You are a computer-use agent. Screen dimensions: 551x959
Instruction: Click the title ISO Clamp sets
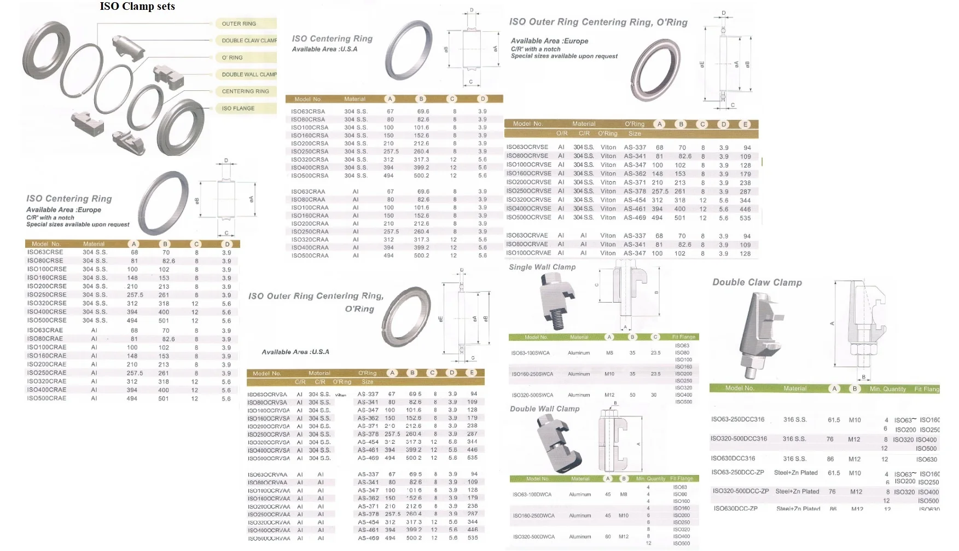coord(137,7)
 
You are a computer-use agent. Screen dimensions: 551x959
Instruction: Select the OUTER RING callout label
coord(239,24)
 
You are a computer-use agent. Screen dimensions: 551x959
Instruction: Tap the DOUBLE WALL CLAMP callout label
coord(249,74)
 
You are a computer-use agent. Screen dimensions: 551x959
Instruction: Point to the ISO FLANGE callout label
coord(238,108)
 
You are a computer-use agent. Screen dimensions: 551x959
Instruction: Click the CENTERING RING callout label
coord(245,91)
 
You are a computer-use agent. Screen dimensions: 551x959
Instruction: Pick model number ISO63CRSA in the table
coord(308,111)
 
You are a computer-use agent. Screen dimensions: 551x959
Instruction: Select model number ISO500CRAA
coord(310,256)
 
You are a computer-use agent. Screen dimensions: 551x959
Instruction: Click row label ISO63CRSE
coord(45,252)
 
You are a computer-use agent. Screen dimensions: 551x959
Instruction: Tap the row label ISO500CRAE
coord(47,398)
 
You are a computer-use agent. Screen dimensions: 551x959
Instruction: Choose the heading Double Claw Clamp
coord(757,282)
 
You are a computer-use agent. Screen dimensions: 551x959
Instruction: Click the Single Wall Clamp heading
coord(542,267)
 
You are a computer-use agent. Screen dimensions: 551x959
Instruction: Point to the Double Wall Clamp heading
coord(544,409)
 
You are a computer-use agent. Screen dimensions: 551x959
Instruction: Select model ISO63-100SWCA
coord(530,353)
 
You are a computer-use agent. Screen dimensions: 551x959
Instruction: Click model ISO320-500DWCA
coord(533,537)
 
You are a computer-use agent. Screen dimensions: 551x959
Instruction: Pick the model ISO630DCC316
coord(733,459)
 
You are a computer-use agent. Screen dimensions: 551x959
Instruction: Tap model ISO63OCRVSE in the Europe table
coord(527,147)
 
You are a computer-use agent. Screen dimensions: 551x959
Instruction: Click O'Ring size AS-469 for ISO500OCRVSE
coord(635,218)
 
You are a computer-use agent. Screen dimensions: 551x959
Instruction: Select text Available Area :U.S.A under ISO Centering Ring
coord(324,49)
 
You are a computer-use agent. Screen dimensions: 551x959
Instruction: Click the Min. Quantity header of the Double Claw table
coord(887,389)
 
